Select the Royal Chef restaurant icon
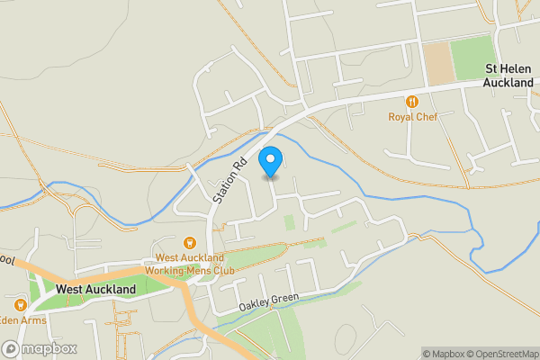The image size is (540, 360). tap(413, 103)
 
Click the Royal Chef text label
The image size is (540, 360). tap(413, 117)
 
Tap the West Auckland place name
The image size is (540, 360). tap(95, 290)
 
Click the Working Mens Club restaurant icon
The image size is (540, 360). tap(190, 242)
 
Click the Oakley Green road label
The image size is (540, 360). tap(268, 302)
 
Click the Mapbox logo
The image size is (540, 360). tap(39, 348)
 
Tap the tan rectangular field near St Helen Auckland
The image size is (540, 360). tap(438, 64)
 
